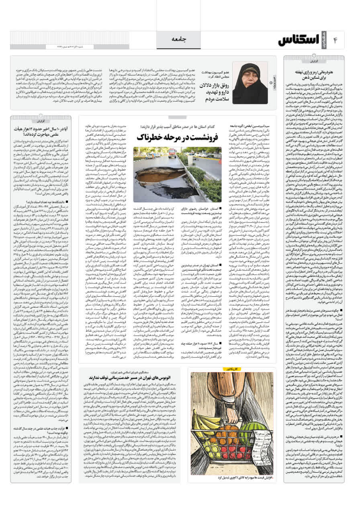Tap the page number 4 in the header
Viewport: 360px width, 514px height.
tap(335, 40)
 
